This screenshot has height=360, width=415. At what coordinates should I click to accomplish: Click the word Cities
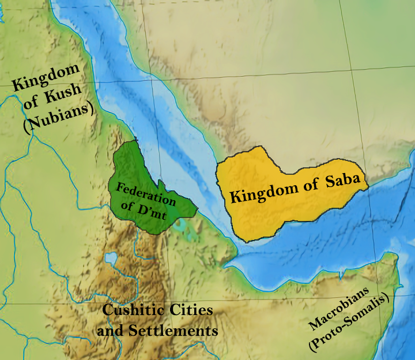pyautogui.click(x=191, y=310)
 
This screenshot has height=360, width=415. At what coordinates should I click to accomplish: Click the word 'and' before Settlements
pyautogui.click(x=111, y=331)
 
